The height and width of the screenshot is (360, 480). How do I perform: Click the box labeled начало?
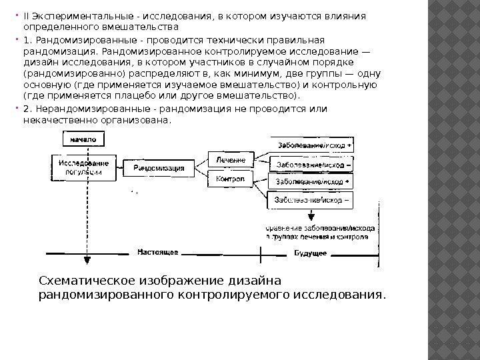click(83, 139)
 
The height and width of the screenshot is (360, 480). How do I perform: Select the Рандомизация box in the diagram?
click(159, 168)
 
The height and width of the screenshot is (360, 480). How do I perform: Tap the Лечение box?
click(231, 160)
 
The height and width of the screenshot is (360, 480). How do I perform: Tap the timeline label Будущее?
click(311, 253)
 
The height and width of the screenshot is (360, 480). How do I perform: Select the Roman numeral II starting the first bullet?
click(26, 17)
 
